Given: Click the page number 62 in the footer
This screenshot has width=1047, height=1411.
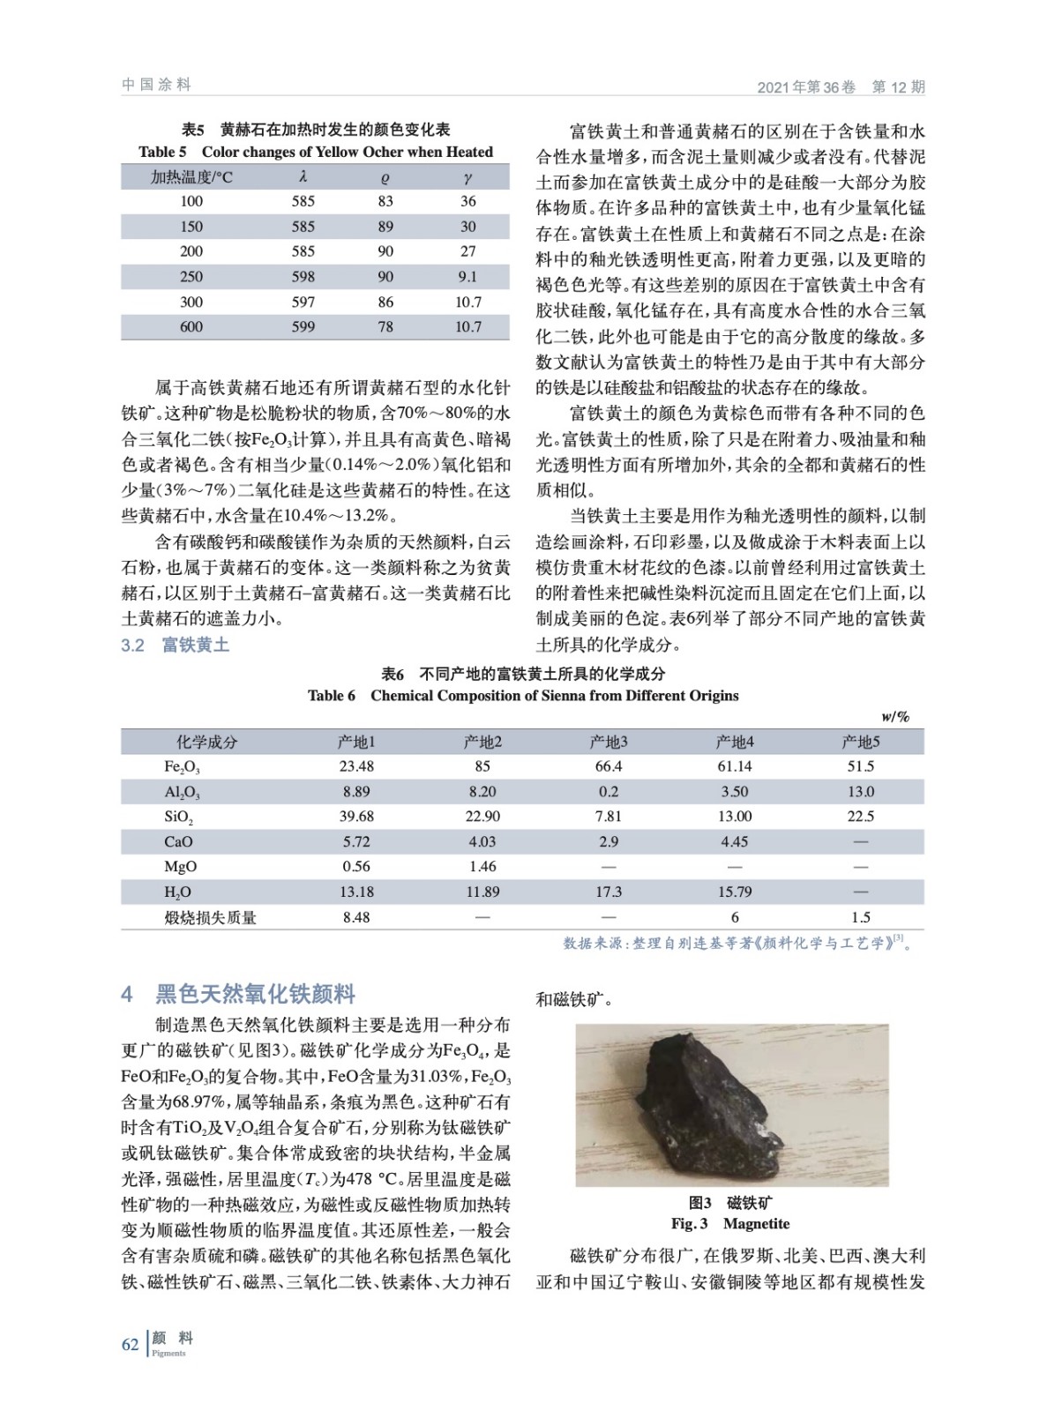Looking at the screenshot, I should click(x=130, y=1344).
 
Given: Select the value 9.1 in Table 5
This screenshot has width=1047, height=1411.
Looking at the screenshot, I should click(x=467, y=277).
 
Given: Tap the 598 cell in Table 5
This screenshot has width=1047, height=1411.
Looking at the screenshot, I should click(x=303, y=277).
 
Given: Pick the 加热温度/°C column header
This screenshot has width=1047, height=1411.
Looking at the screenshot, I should click(x=191, y=177).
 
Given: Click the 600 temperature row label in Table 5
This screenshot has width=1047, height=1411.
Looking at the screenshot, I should click(x=191, y=327).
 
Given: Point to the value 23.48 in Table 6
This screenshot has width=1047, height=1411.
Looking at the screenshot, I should click(x=356, y=766).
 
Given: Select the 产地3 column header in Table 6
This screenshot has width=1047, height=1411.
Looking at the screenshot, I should click(x=609, y=742).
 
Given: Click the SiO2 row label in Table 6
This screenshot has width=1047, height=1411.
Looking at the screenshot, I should click(x=179, y=817).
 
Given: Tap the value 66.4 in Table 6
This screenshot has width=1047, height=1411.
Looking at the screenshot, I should click(x=609, y=766).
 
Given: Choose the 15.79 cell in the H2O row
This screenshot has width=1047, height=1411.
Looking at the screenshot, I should click(x=735, y=892).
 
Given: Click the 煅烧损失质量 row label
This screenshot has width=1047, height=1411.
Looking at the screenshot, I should click(x=210, y=917).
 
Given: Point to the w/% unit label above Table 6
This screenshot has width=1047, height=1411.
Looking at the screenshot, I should click(x=895, y=717).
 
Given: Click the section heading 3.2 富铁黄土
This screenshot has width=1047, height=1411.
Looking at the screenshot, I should click(x=175, y=645).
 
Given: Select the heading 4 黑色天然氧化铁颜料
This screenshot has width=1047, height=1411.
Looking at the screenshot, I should click(x=237, y=994).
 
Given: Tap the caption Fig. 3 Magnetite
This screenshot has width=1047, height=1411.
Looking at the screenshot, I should click(x=730, y=1223).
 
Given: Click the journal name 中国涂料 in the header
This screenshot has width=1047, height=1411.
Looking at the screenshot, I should click(x=156, y=85).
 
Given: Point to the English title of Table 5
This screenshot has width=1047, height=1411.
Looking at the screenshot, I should click(x=316, y=152).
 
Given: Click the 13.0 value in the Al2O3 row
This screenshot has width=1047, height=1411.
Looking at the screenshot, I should click(x=860, y=792).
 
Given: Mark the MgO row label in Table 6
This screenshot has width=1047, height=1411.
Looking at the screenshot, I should click(x=180, y=867).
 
